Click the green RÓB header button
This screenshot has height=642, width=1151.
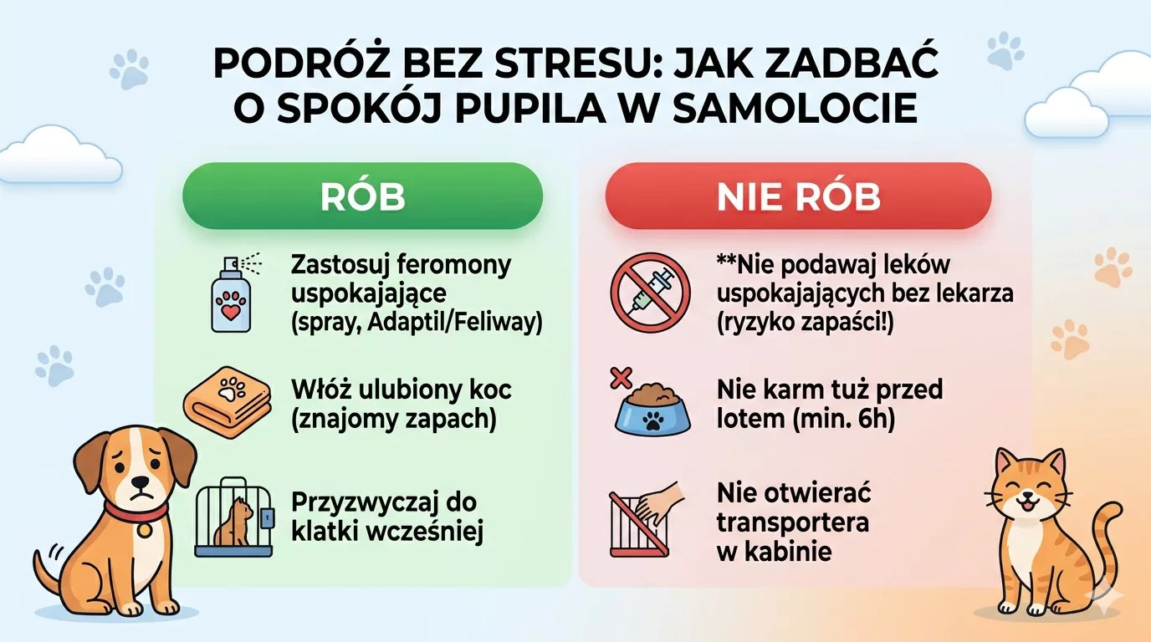362,196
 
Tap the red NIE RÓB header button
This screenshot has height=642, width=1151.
798,196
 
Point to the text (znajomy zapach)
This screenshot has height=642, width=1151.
393,418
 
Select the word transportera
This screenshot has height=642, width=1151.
792,522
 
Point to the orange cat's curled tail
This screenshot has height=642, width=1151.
1103,543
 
